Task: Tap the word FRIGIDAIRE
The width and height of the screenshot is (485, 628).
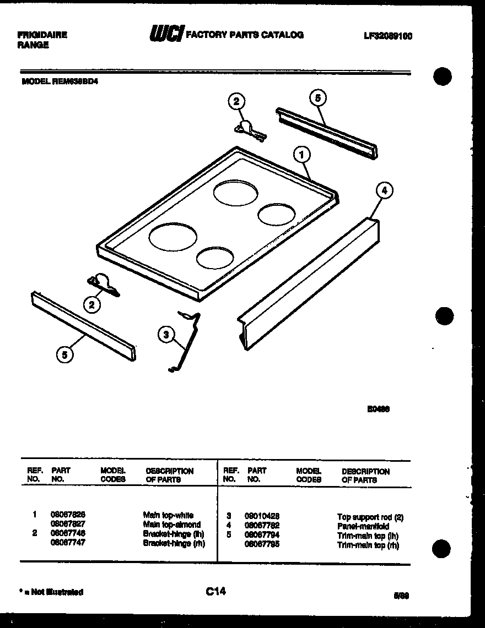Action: tap(42, 35)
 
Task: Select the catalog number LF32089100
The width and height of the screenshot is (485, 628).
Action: tap(388, 36)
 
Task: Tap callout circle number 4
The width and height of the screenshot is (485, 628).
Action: tap(384, 191)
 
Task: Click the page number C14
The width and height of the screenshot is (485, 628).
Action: tap(215, 592)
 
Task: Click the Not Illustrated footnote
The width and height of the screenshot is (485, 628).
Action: tap(51, 592)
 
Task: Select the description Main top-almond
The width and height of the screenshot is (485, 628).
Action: tap(172, 525)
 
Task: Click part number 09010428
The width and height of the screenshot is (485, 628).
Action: tap(261, 516)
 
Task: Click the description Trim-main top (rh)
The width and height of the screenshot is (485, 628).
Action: tap(368, 545)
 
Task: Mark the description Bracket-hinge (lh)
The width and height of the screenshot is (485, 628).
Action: tap(174, 533)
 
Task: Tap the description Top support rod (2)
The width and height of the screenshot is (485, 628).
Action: tap(370, 517)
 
